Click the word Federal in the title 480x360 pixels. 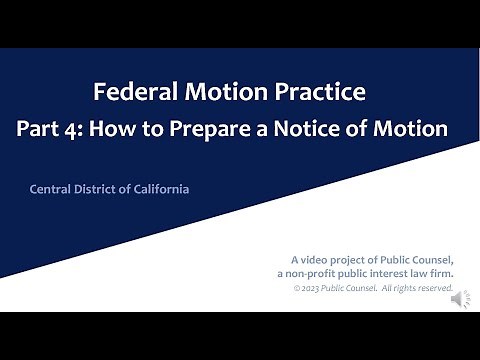pyautogui.click(x=127, y=93)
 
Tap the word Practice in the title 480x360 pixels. pyautogui.click(x=326, y=93)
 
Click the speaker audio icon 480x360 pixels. pyautogui.click(x=461, y=298)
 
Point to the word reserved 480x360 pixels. pyautogui.click(x=433, y=289)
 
